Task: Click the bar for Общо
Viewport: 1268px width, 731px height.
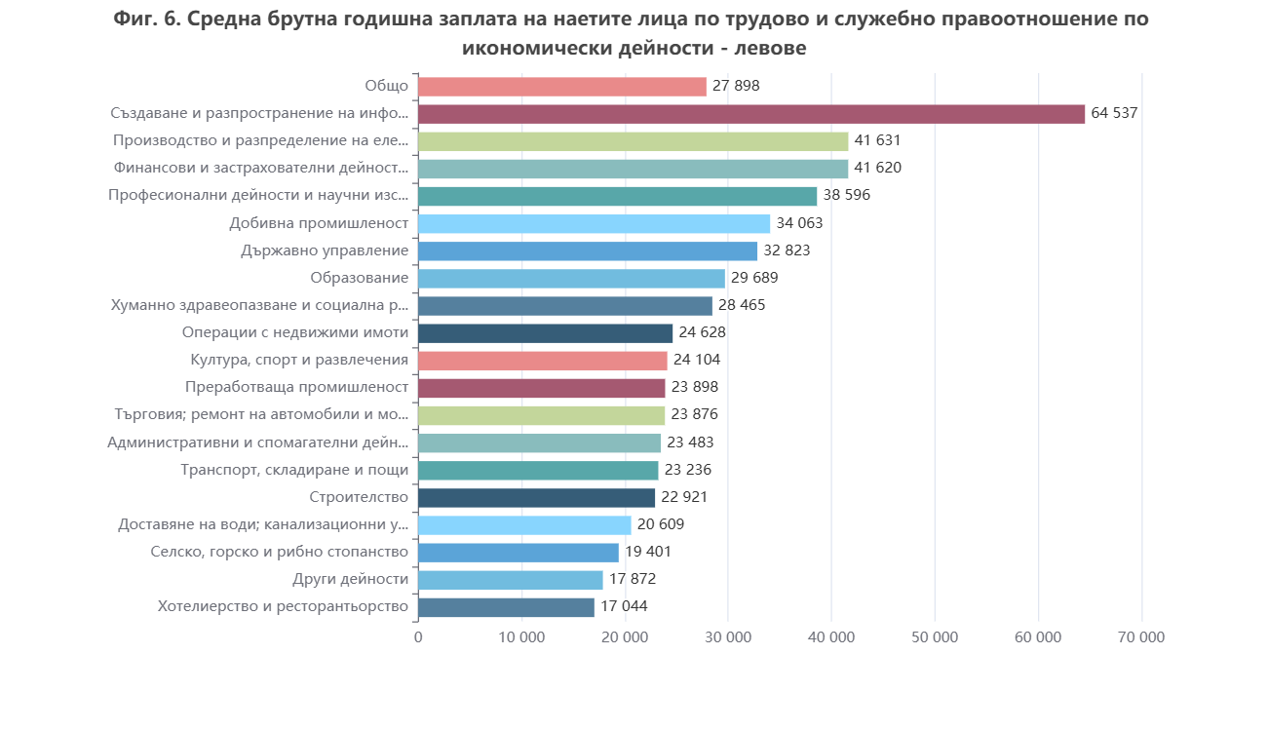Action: (561, 86)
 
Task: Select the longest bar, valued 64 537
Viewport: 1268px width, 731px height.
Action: (750, 114)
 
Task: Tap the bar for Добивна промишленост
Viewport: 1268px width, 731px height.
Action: (594, 223)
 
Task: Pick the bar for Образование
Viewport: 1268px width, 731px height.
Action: (571, 279)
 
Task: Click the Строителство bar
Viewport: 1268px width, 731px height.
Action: (536, 498)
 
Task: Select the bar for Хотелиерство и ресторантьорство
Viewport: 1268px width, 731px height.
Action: (506, 607)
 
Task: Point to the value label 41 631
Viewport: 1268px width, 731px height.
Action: (878, 140)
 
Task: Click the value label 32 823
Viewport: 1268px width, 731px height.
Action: (787, 250)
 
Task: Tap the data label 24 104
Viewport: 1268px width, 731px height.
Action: (697, 360)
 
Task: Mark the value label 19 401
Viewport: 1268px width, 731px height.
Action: (648, 552)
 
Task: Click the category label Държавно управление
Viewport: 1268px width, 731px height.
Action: (325, 250)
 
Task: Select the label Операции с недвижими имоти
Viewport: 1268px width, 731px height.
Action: (294, 332)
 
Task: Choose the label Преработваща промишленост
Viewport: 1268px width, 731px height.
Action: (296, 388)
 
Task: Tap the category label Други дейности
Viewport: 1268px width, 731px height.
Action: (350, 579)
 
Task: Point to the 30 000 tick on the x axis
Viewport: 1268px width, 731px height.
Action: (728, 637)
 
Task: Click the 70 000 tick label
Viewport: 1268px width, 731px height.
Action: (1141, 637)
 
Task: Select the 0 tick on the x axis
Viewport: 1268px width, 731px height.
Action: (418, 637)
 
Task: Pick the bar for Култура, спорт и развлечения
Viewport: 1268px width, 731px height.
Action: (542, 361)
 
